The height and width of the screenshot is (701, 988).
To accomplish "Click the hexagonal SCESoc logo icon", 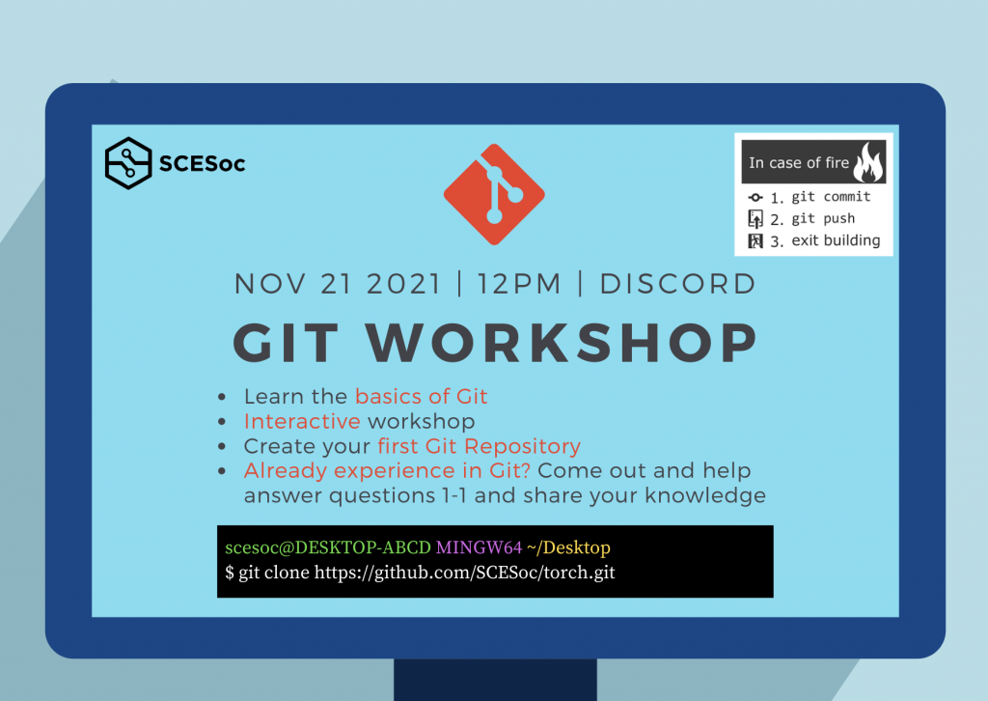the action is click(x=128, y=163).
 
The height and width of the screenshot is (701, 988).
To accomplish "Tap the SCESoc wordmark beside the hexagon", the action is click(x=203, y=164).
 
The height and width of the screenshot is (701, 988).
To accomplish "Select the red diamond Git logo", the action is click(x=495, y=194).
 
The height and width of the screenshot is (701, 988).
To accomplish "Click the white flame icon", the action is click(x=868, y=161).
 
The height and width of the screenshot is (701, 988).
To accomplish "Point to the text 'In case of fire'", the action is click(x=799, y=162).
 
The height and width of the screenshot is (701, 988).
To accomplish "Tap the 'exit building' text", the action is click(x=836, y=240).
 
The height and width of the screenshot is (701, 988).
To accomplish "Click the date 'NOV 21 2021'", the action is click(x=338, y=284).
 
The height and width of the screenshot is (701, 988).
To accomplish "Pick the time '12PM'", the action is click(x=519, y=284).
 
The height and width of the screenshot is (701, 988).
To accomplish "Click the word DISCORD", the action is click(x=677, y=284).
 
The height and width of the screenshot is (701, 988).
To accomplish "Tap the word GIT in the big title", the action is click(x=286, y=343).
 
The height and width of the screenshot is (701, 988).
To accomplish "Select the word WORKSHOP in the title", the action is click(x=563, y=343).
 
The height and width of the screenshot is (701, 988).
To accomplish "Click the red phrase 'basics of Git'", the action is click(x=421, y=396).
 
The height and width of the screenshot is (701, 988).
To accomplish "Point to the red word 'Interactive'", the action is click(x=302, y=420).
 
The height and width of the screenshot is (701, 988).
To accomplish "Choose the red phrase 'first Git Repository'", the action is click(x=479, y=446).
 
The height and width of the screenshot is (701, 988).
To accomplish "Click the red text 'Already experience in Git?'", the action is click(x=387, y=470).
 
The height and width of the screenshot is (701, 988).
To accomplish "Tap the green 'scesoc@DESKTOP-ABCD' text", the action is click(x=328, y=547).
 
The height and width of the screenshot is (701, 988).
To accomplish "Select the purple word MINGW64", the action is click(x=479, y=547).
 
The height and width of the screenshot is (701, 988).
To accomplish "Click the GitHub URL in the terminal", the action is click(x=464, y=573).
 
